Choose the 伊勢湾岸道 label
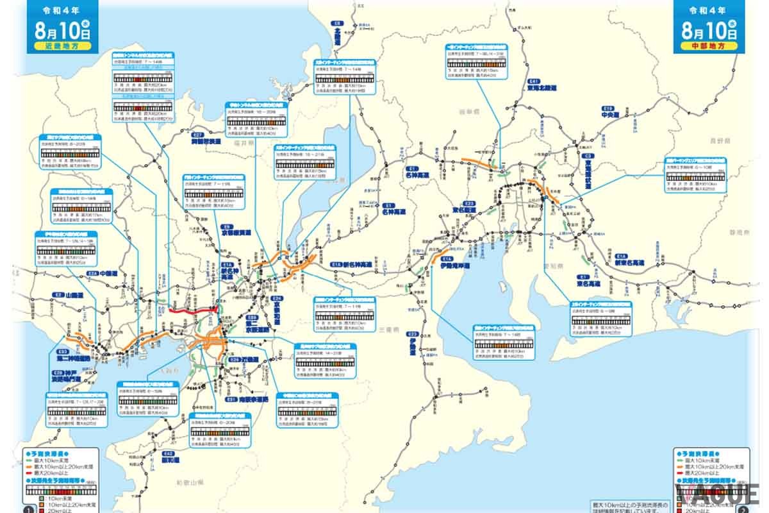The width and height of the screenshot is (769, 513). pyautogui.click(x=455, y=264)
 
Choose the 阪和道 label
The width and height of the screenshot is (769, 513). pyautogui.click(x=169, y=460)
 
